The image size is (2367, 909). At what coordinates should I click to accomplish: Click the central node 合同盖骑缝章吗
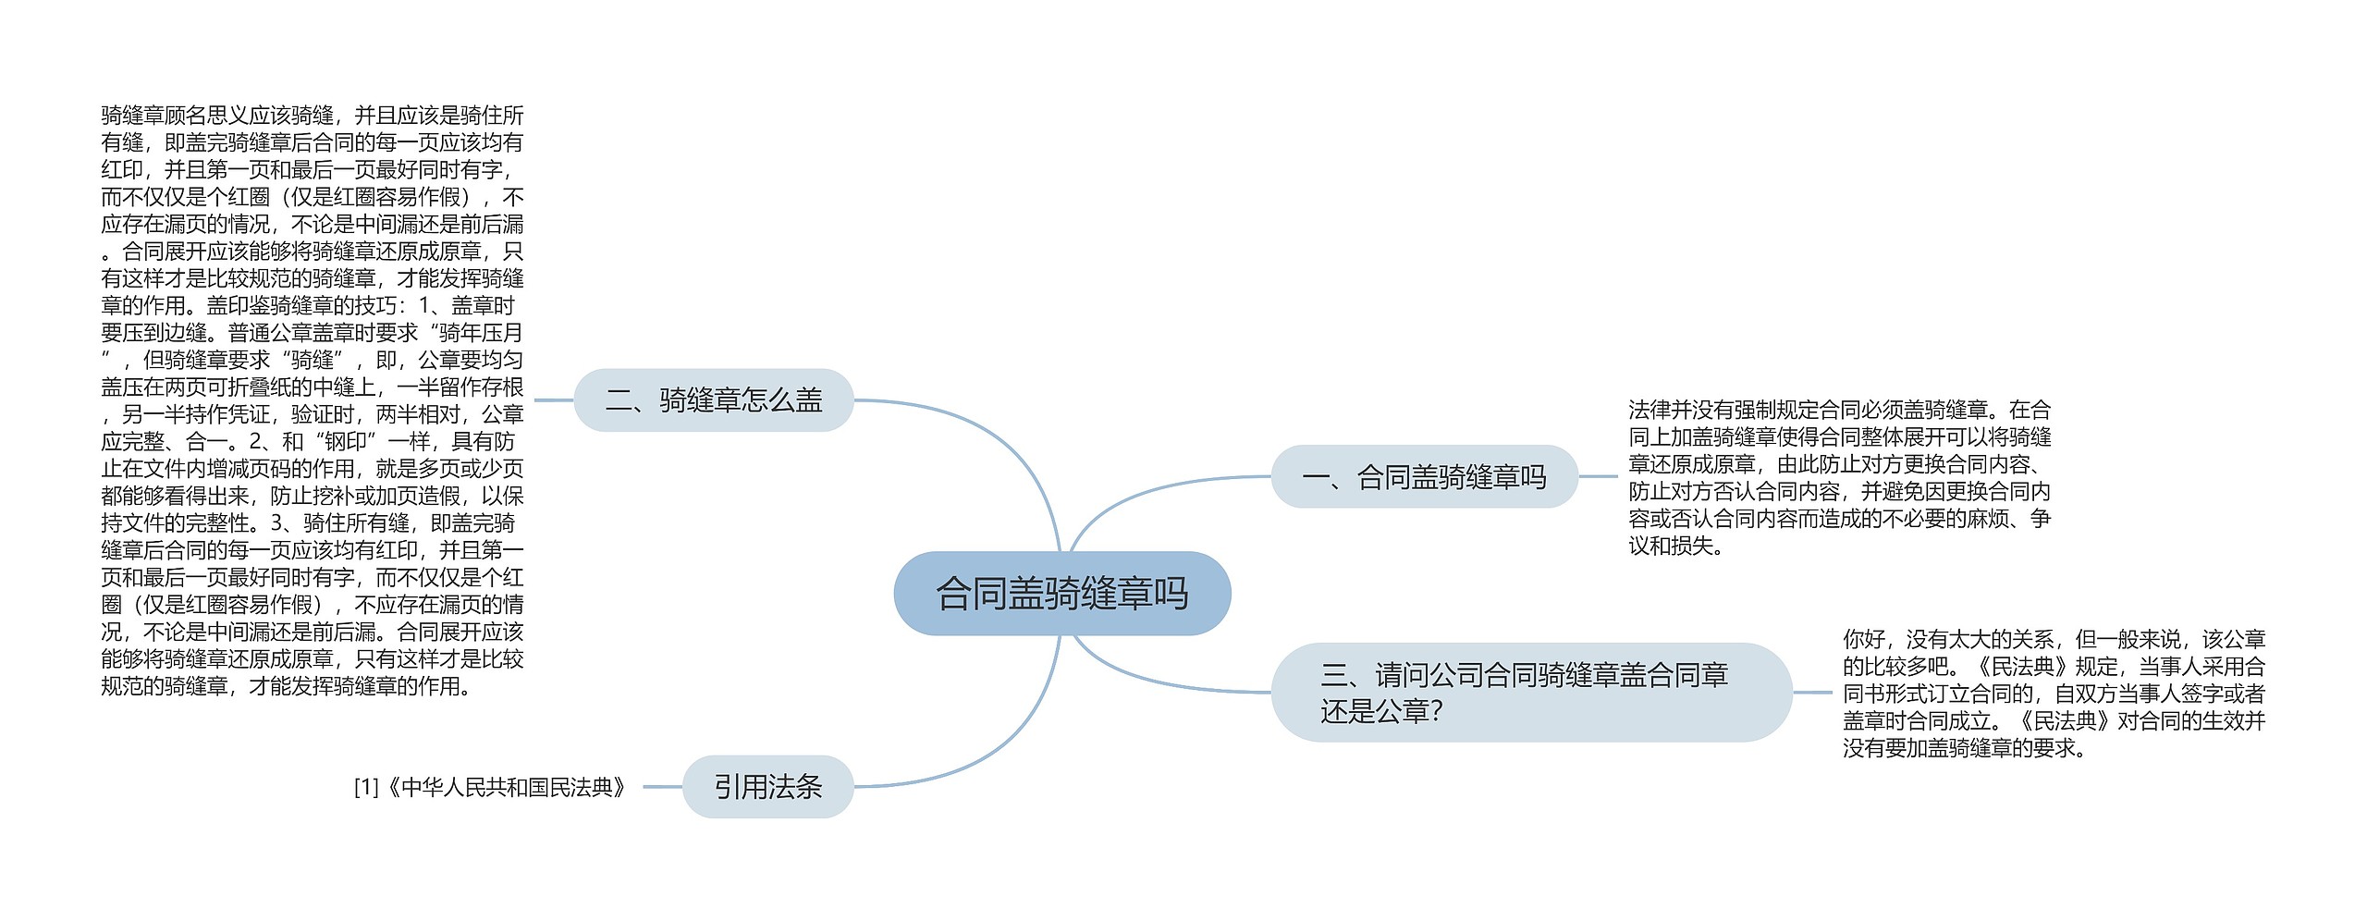pyautogui.click(x=1061, y=594)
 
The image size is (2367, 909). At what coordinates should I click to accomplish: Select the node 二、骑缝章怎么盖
pyautogui.click(x=713, y=400)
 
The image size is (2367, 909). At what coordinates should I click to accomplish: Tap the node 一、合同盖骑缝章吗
pyautogui.click(x=1424, y=477)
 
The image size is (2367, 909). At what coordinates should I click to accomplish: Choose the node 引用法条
pyautogui.click(x=767, y=787)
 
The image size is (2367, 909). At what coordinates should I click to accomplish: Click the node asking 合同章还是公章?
pyautogui.click(x=1530, y=693)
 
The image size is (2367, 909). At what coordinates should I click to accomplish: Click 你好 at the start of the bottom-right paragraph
pyautogui.click(x=1863, y=639)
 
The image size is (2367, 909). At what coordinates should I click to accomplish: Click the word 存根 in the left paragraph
pyautogui.click(x=502, y=387)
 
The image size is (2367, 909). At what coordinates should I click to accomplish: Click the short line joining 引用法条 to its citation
pyautogui.click(x=662, y=787)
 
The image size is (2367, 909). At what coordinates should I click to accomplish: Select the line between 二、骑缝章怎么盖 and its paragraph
pyautogui.click(x=554, y=400)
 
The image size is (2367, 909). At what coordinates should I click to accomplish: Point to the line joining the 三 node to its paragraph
pyautogui.click(x=1812, y=692)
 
